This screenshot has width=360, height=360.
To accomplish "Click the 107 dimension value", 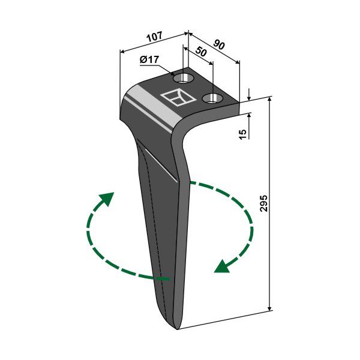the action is (155, 37).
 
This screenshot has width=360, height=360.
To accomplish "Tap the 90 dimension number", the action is (218, 44).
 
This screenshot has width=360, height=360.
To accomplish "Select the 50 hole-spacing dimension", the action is (200, 52).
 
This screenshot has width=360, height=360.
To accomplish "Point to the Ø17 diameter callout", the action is (149, 60).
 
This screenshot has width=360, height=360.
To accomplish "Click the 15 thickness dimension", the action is (242, 134).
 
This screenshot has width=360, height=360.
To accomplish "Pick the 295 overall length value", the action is (264, 203).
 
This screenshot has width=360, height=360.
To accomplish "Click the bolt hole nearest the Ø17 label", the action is (182, 79).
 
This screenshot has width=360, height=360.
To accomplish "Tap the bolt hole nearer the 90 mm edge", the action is (212, 98).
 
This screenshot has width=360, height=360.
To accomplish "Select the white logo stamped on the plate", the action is (178, 97).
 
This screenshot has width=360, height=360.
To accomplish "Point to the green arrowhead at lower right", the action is (221, 267).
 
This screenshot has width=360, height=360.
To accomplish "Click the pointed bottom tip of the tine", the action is (177, 329).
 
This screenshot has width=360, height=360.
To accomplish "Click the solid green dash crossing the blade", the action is (162, 279).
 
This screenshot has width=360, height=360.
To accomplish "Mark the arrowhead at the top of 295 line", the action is (270, 99).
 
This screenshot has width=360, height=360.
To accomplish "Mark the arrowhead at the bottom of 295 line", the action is (270, 308).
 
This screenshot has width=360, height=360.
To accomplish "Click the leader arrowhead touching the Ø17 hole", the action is (172, 74).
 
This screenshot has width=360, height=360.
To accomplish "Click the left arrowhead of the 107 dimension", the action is (123, 52).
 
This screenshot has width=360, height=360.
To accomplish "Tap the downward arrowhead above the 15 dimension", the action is (249, 98).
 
